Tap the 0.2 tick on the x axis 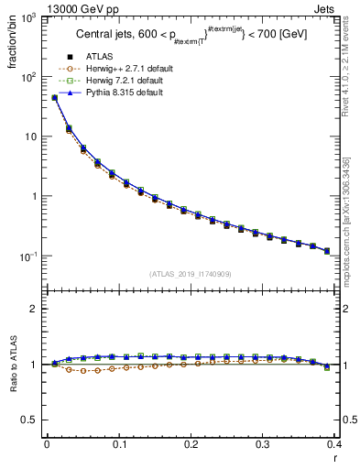tap(190, 445)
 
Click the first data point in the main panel tap(54, 97)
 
